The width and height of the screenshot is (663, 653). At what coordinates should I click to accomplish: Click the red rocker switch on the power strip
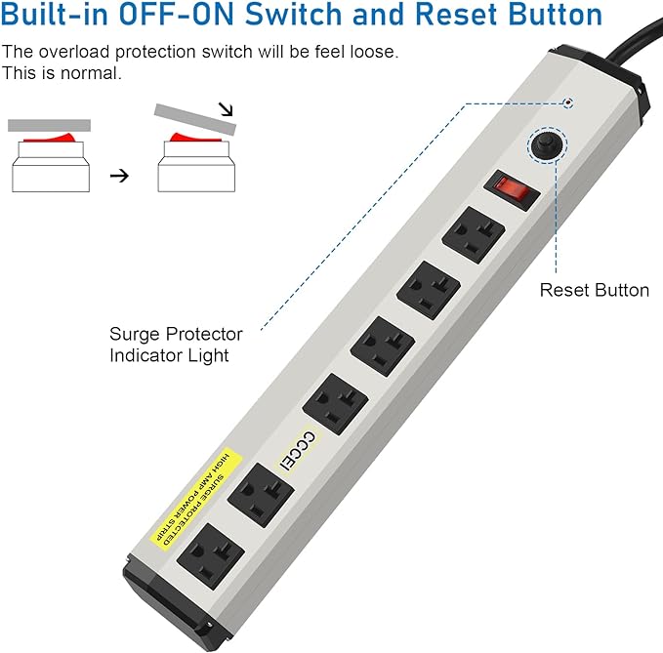pyautogui.click(x=515, y=188)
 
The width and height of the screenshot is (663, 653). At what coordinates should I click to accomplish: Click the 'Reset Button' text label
pyautogui.click(x=594, y=290)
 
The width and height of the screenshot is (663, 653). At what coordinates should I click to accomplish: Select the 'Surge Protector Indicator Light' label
pyautogui.click(x=176, y=345)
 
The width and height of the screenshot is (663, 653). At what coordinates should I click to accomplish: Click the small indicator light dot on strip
pyautogui.click(x=569, y=102)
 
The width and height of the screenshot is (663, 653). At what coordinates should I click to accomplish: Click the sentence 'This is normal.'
pyautogui.click(x=62, y=73)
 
